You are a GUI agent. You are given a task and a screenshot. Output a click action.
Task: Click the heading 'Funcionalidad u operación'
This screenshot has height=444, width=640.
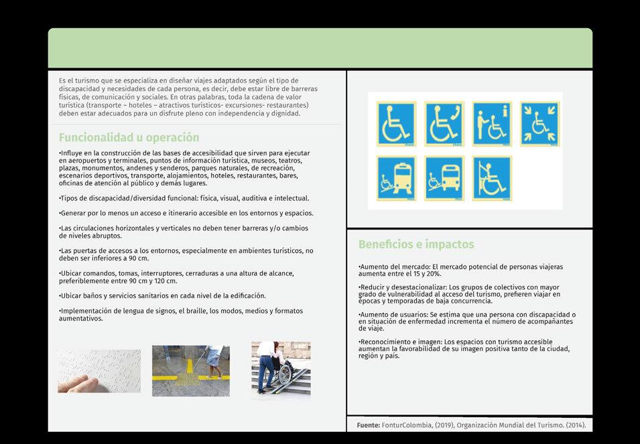(129, 137)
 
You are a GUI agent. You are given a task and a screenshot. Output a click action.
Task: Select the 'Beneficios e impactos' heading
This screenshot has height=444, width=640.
(416, 244)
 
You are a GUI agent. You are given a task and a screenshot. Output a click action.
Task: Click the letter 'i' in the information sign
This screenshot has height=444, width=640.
(505, 111)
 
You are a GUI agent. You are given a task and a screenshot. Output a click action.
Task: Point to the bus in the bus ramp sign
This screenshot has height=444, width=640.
(450, 177)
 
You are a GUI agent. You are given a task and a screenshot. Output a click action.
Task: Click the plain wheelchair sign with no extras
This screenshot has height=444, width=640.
(396, 124)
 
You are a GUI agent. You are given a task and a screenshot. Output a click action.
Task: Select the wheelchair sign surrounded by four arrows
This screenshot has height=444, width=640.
(539, 124)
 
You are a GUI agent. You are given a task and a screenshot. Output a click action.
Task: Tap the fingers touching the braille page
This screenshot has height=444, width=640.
(78, 384)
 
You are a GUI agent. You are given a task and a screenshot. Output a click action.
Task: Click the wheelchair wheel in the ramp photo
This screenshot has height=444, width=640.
(285, 374)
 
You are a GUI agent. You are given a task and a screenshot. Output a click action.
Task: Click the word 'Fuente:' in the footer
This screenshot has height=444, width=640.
(368, 425)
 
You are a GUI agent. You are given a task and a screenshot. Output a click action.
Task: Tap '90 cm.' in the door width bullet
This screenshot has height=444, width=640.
(139, 258)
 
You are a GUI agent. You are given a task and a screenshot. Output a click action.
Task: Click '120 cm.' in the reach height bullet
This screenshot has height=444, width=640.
(166, 281)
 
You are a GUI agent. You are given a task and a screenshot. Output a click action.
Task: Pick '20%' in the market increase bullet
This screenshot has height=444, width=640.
(434, 274)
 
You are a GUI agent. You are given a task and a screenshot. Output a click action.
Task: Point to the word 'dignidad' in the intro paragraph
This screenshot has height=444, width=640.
(286, 113)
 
